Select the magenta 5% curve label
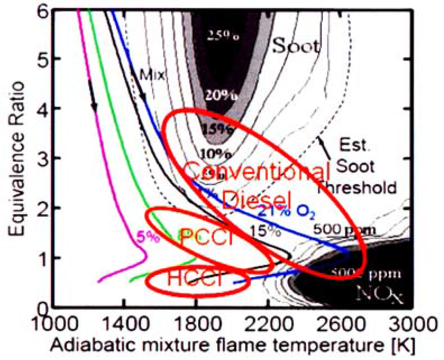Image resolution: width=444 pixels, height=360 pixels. [144, 237]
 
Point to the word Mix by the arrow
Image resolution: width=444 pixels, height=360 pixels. [153, 75]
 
